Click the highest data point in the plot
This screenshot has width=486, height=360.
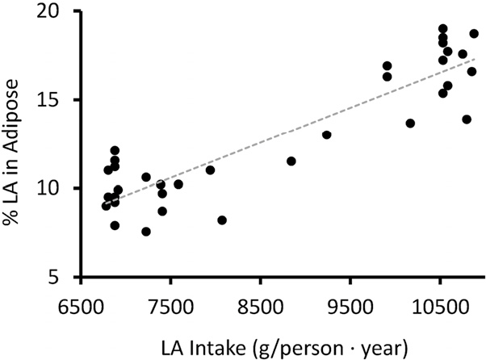[442, 29]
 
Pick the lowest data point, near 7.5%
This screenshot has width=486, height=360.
[146, 232]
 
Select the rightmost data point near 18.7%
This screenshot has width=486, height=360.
[474, 34]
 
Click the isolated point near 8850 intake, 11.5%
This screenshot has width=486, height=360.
[291, 161]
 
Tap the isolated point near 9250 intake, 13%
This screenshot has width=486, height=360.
[326, 135]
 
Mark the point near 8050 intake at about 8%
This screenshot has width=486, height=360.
[222, 220]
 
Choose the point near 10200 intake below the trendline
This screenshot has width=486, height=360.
[410, 123]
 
